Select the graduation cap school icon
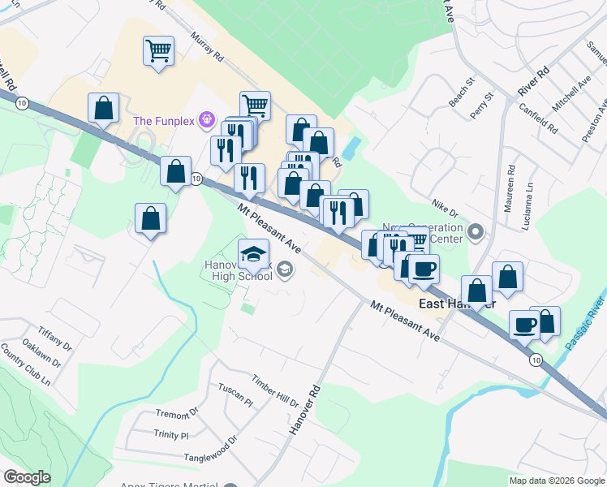(254, 253)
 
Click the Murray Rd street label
(208, 48)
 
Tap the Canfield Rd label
(541, 117)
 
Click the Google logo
(27, 477)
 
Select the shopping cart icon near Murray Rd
(158, 51)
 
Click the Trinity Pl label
(170, 435)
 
